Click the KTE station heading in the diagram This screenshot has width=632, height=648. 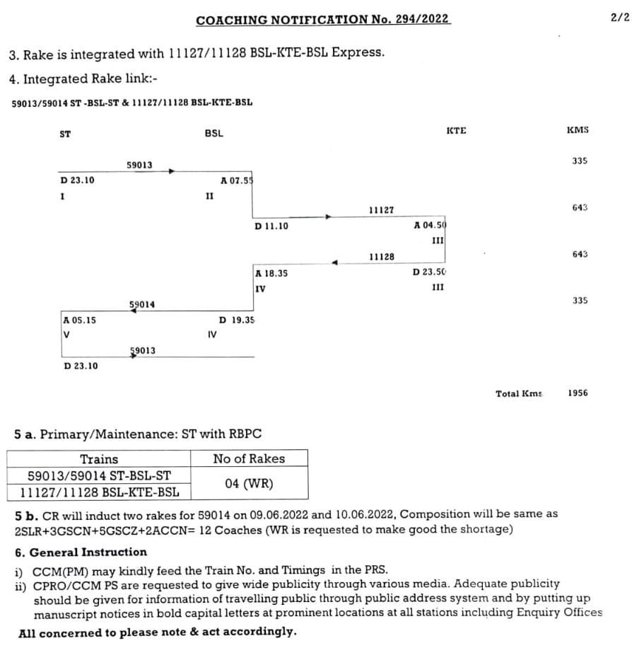[x=456, y=130]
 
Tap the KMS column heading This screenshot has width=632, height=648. [x=578, y=130]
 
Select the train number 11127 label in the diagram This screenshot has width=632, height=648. [x=382, y=210]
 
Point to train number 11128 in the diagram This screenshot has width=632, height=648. [x=382, y=257]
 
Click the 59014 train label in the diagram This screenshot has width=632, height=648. [x=142, y=305]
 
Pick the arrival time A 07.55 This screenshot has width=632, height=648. [x=236, y=180]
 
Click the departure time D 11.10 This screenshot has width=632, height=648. [x=271, y=226]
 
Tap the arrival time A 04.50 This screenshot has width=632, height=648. [x=430, y=226]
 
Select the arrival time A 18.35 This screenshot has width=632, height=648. [x=271, y=273]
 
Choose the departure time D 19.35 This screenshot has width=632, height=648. [x=237, y=320]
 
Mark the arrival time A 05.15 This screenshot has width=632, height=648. [x=80, y=320]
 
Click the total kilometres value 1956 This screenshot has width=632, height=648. [x=578, y=393]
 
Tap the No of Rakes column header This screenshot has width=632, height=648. [x=249, y=458]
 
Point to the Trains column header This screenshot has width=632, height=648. [x=99, y=458]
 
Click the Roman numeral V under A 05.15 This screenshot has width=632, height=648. [x=66, y=335]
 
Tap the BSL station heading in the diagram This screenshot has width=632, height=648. [x=213, y=133]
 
